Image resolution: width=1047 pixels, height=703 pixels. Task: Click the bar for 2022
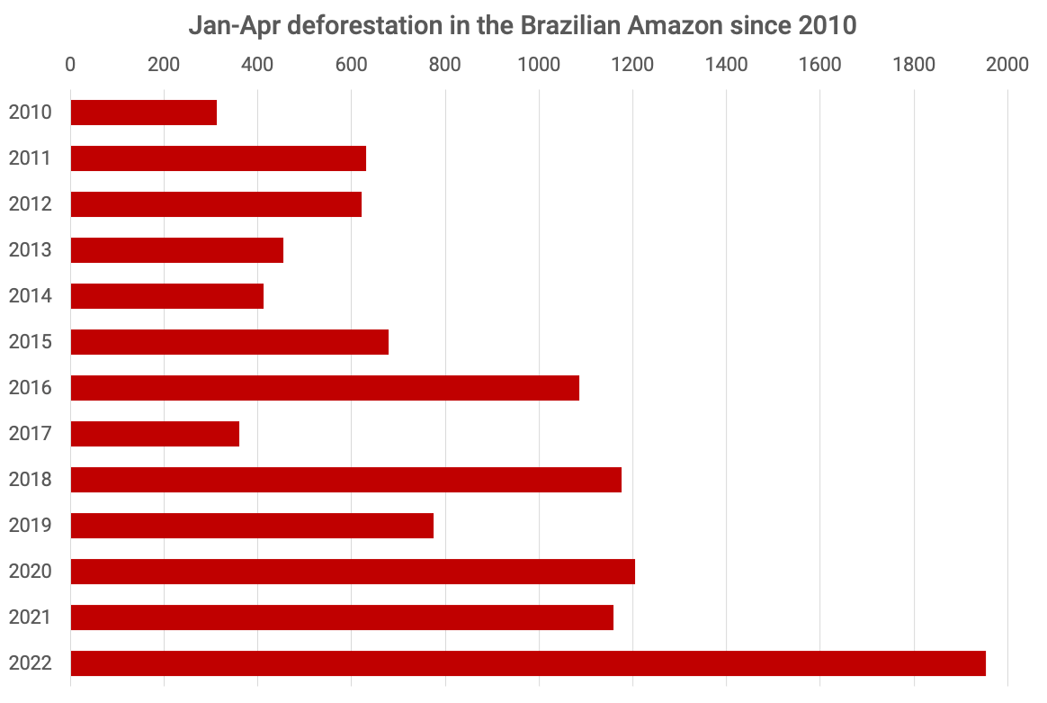click(528, 662)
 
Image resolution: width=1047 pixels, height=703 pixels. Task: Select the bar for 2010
click(144, 113)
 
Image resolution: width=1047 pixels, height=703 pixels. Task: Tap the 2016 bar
click(325, 388)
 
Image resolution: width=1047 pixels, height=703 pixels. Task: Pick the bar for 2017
click(155, 434)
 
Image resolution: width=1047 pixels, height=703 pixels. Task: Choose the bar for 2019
click(252, 526)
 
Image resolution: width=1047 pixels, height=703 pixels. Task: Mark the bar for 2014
click(167, 296)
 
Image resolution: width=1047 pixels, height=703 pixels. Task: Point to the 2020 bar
click(353, 572)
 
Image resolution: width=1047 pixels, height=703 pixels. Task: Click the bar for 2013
click(177, 250)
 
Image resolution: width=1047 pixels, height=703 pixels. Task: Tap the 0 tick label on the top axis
click(70, 65)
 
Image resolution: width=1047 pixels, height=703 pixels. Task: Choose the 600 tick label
click(351, 65)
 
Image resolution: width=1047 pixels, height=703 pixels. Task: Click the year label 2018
click(29, 480)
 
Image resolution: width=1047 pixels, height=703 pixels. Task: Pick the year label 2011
click(29, 158)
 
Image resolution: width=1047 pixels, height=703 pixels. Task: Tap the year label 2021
click(29, 617)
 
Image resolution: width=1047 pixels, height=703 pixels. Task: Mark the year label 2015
click(29, 342)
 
